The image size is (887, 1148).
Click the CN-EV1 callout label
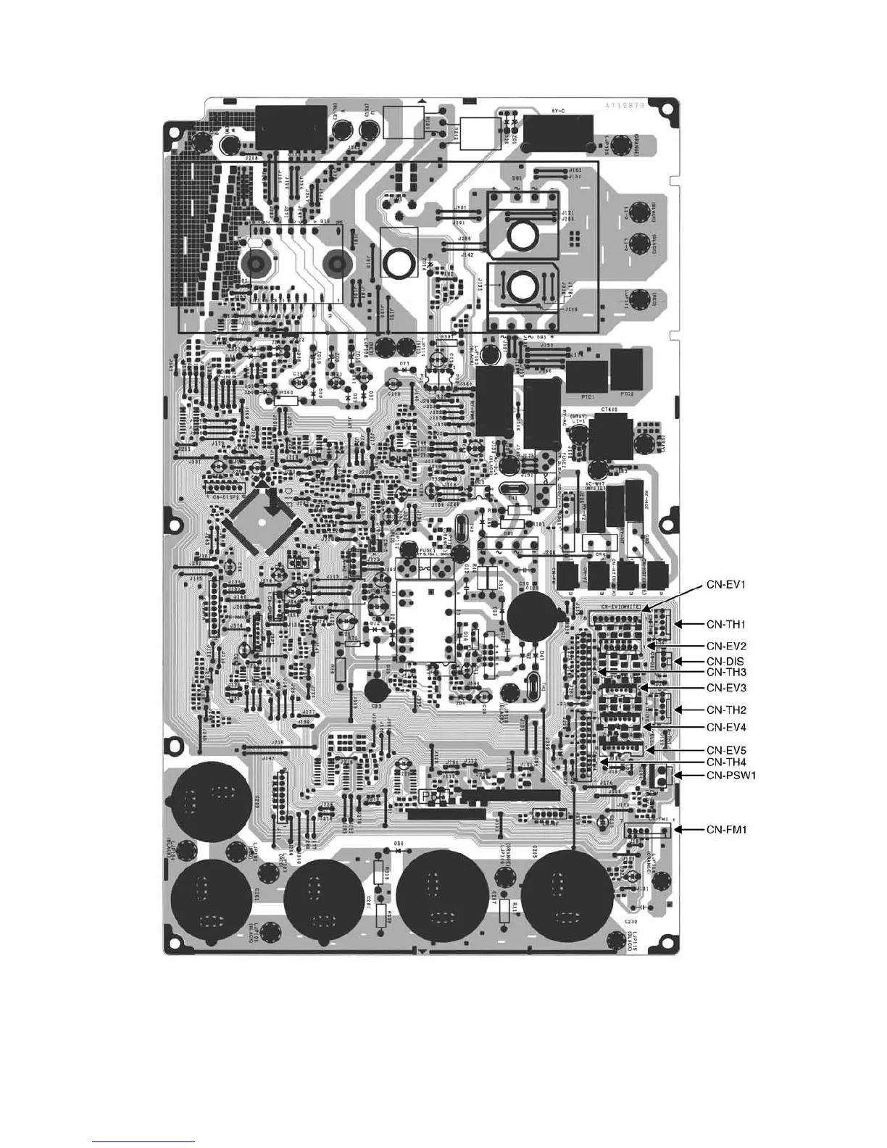pyautogui.click(x=725, y=583)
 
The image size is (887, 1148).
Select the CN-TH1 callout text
pyautogui.click(x=725, y=623)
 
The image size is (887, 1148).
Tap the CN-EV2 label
pyautogui.click(x=725, y=645)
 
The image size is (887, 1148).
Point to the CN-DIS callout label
pyautogui.click(x=725, y=661)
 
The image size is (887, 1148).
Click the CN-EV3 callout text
pyautogui.click(x=725, y=687)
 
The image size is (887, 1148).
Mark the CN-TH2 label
pyautogui.click(x=725, y=710)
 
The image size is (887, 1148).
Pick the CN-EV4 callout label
pyautogui.click(x=725, y=727)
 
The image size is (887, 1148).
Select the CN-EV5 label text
pyautogui.click(x=725, y=749)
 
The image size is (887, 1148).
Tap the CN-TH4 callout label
pyautogui.click(x=725, y=762)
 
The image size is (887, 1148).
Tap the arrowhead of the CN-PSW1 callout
pyautogui.click(x=678, y=776)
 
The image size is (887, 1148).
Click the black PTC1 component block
pyautogui.click(x=586, y=376)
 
